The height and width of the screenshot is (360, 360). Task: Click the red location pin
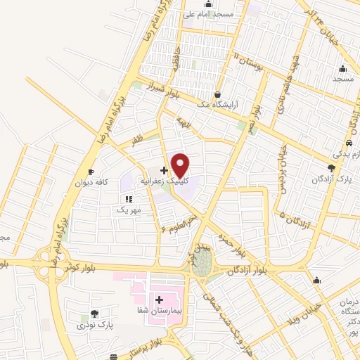(x=181, y=165)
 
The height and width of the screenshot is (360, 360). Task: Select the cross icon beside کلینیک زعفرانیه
(x=164, y=170)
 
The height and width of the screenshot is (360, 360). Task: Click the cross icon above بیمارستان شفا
(x=159, y=300)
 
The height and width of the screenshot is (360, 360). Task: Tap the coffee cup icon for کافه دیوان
(x=91, y=172)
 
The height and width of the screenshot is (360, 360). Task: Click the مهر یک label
(x=130, y=210)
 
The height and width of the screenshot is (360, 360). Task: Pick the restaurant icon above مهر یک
(x=129, y=200)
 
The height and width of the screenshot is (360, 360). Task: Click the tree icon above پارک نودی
(x=94, y=314)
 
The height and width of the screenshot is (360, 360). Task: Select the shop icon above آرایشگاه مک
(x=217, y=94)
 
